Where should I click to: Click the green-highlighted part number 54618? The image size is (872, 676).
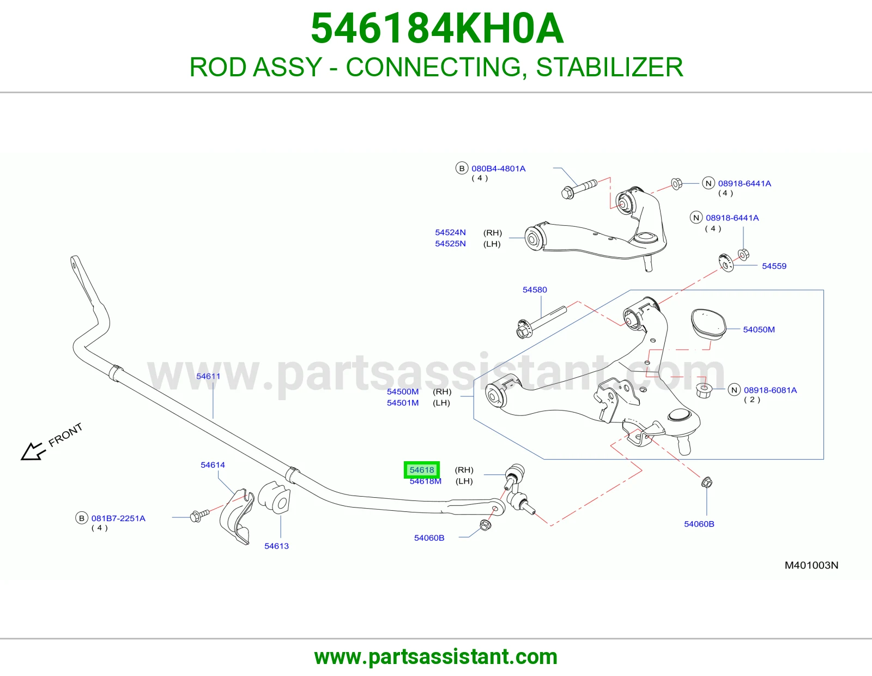(421, 470)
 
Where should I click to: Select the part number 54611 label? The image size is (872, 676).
(208, 376)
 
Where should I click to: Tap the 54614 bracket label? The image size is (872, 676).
(213, 465)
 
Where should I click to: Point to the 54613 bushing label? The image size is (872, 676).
(276, 546)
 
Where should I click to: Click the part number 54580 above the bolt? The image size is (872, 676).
(535, 289)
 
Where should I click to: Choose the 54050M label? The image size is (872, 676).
(759, 330)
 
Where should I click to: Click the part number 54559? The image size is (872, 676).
(774, 265)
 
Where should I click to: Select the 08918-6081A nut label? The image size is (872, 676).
(771, 390)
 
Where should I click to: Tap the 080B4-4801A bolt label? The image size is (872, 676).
(498, 168)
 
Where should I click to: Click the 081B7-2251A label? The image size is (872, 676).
(118, 518)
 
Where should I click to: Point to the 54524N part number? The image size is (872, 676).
(450, 232)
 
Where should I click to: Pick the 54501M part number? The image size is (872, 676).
(403, 403)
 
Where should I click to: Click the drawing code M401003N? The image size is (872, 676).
(812, 565)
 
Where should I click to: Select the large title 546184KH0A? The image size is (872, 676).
(437, 28)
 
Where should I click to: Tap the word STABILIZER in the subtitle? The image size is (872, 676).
(609, 67)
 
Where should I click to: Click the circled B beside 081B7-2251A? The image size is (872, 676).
(81, 518)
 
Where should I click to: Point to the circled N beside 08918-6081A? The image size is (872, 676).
(734, 390)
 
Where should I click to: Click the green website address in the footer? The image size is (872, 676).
(436, 657)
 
